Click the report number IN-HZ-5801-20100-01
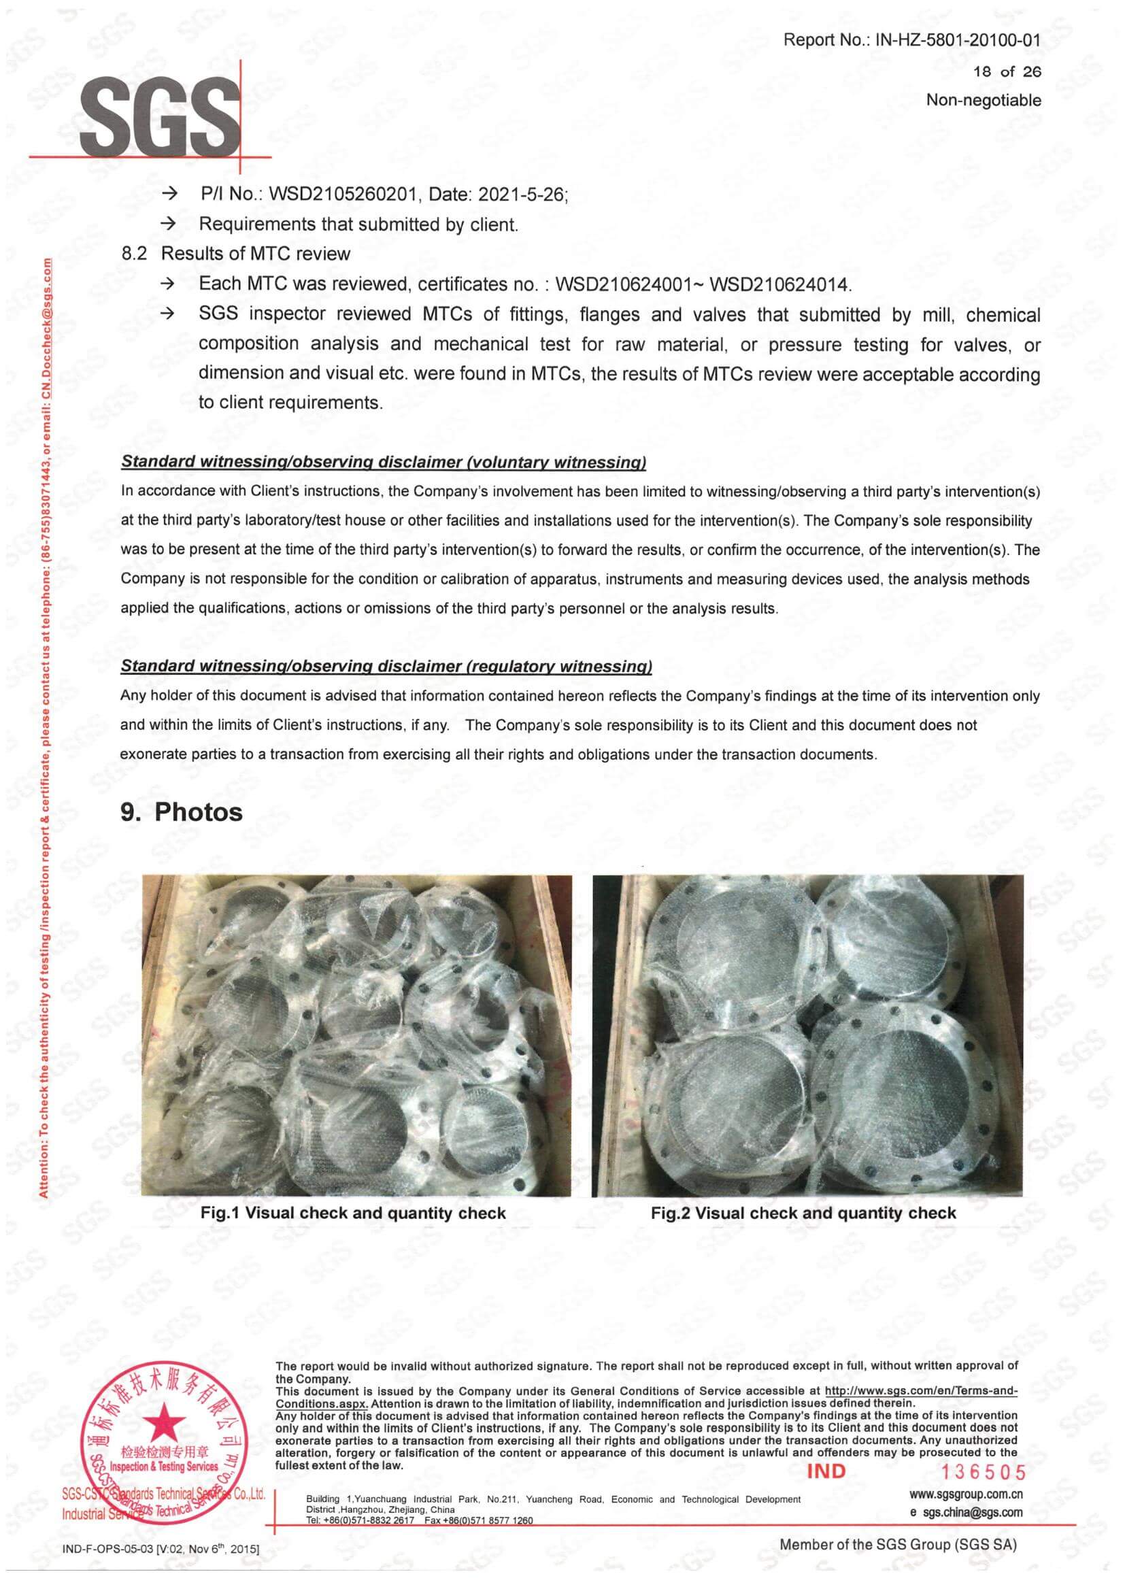(958, 40)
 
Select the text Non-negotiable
(984, 101)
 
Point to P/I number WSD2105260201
(343, 195)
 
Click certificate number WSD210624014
(781, 284)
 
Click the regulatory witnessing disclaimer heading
(386, 666)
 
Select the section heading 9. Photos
(182, 812)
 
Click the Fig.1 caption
(352, 1213)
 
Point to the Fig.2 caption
(803, 1213)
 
